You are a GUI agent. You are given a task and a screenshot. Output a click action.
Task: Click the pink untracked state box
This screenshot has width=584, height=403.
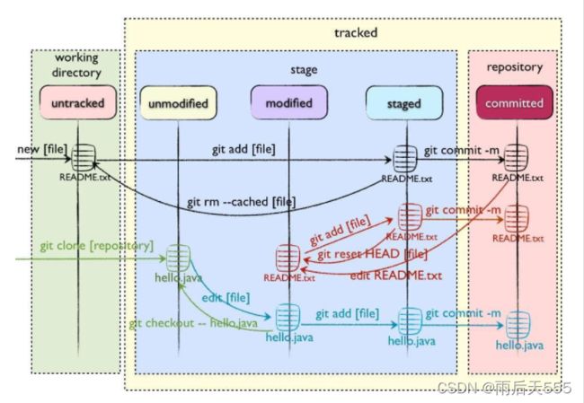tap(78, 102)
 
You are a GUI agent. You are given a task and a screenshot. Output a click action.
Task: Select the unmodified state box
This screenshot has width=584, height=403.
tap(178, 102)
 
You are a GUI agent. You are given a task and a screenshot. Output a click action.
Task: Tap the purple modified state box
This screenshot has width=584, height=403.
tap(289, 102)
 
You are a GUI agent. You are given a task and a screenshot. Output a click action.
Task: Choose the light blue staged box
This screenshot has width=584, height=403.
tap(404, 103)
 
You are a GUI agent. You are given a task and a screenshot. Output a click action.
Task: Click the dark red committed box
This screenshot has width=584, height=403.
tap(514, 102)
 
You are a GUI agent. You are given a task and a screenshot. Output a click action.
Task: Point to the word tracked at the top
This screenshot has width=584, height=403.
tap(356, 32)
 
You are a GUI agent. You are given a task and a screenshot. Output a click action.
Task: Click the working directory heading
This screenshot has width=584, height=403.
tap(76, 66)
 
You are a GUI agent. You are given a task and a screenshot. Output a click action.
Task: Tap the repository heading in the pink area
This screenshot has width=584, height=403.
tap(514, 67)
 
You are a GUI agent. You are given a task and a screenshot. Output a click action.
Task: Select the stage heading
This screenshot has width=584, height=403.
tap(304, 70)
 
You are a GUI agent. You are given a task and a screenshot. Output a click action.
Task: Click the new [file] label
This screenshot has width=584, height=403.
tap(42, 149)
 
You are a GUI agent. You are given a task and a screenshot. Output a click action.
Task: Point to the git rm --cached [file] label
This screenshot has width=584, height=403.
tap(242, 202)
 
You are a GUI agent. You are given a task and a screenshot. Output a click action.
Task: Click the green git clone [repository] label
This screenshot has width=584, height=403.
tap(96, 246)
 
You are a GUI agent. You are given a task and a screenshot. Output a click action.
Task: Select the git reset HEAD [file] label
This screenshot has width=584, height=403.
tap(372, 254)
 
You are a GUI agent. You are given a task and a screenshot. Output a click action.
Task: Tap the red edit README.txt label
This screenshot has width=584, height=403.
tap(396, 276)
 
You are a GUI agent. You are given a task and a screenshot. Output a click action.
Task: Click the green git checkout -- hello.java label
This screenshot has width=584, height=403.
tap(193, 323)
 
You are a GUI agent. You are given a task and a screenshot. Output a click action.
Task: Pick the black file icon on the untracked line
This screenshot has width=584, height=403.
tap(84, 157)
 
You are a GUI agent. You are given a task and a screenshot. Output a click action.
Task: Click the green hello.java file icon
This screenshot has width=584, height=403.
tap(178, 258)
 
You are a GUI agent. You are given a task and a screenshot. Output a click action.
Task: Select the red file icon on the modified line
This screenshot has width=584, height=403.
tap(288, 258)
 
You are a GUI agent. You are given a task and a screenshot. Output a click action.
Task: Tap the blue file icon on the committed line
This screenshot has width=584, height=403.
tap(518, 325)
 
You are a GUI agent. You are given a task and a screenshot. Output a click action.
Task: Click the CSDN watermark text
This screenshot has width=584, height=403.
tap(504, 388)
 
